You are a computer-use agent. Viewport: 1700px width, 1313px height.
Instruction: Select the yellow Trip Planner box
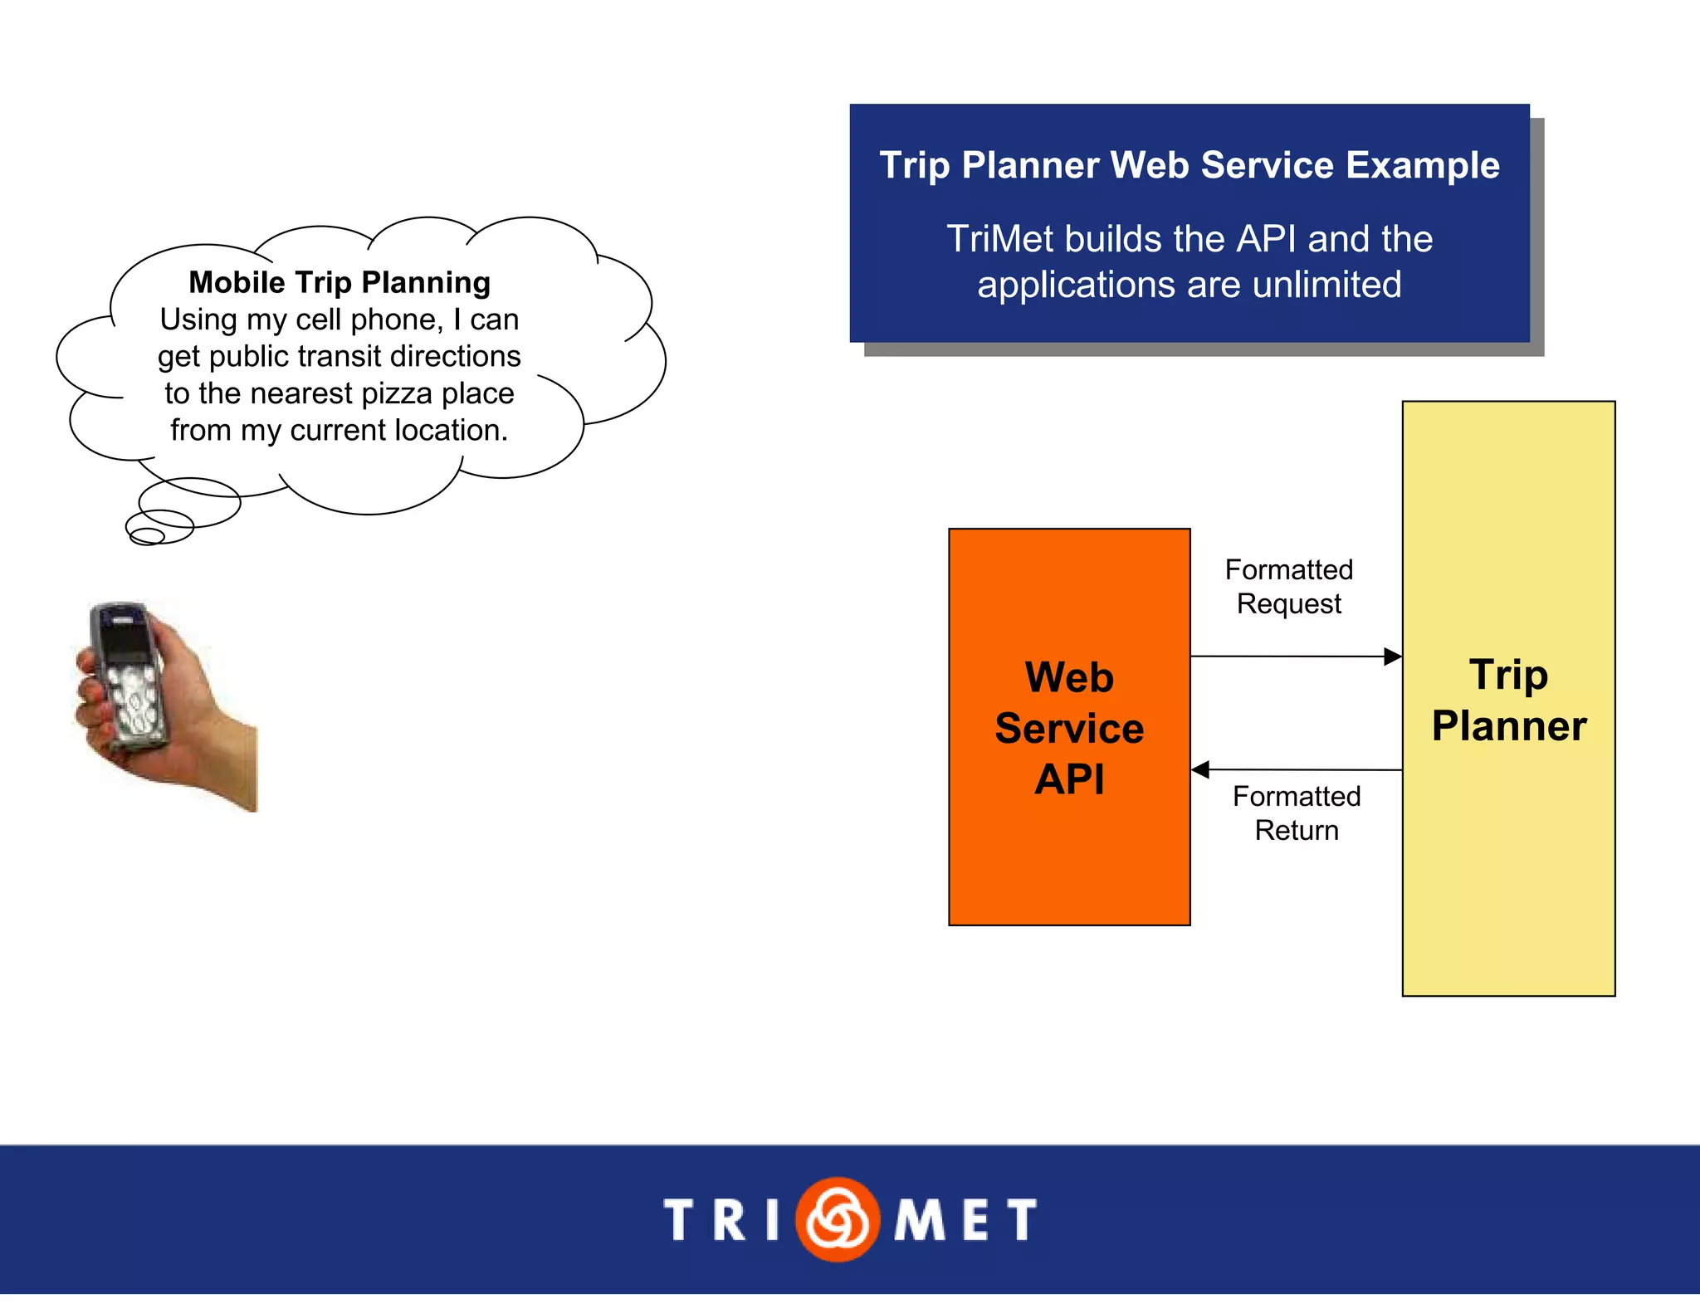pos(1508,871)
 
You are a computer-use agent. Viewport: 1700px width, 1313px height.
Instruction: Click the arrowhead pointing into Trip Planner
pos(1393,656)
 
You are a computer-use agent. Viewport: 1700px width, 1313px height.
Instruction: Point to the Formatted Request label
pos(1289,587)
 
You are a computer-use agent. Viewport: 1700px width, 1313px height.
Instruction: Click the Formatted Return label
pos(1297,813)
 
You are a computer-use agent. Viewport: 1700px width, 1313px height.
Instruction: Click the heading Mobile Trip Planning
pos(340,282)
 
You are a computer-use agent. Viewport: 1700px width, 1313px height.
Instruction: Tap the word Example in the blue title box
pos(1423,165)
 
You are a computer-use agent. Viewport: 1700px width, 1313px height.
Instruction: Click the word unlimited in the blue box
pos(1326,285)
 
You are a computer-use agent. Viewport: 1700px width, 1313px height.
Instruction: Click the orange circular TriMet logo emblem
pos(838,1219)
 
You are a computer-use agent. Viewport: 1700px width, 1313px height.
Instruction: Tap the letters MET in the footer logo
pos(965,1220)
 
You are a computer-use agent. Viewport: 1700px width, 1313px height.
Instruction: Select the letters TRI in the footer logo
pos(722,1220)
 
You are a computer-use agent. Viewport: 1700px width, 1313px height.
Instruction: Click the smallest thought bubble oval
pos(147,537)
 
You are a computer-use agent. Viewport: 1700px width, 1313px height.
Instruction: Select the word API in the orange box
pos(1069,779)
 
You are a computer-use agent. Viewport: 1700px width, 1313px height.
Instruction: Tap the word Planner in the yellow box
pos(1508,726)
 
